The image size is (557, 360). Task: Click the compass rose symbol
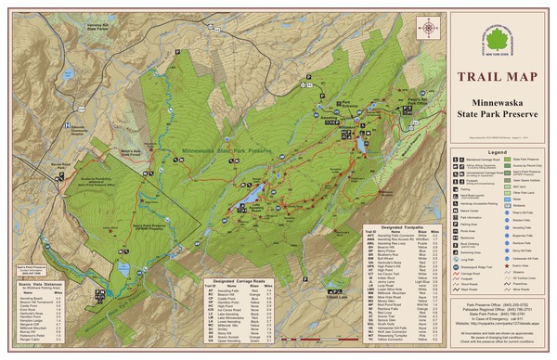pyautogui.click(x=428, y=28)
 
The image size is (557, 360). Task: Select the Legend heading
pyautogui.click(x=498, y=151)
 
